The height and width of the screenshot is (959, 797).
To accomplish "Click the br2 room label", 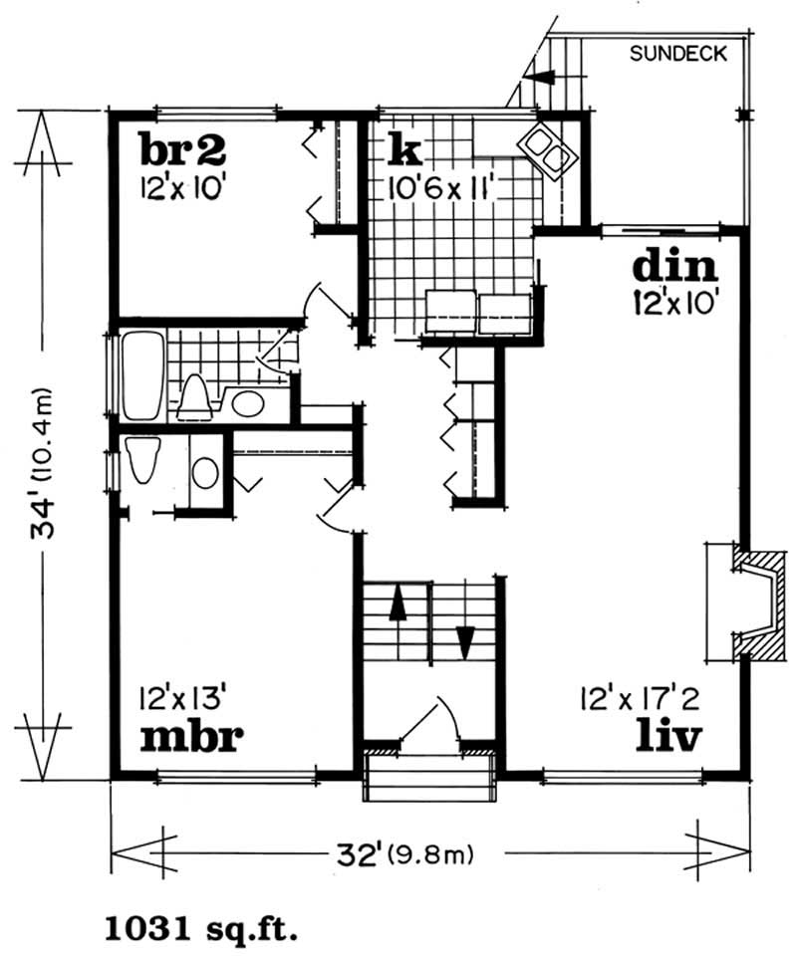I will pos(182,150).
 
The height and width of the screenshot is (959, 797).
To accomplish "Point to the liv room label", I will pos(671,738).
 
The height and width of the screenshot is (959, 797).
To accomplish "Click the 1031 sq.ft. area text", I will pos(200,931).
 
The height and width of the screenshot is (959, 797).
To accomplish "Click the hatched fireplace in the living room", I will pos(756,601).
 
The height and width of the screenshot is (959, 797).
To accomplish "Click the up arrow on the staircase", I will pos(398,603).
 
